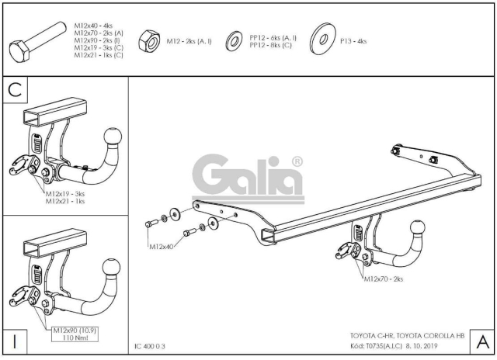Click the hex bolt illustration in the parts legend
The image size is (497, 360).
pos(37,42)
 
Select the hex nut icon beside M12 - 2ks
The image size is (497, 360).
pos(149,41)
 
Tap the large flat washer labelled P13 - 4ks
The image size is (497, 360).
pos(323,39)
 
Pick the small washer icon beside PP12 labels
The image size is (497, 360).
pos(235,41)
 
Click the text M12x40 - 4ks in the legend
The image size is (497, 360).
pos(93,26)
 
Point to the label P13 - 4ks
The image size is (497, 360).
pos(353,41)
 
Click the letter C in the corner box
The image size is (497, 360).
pos(15,89)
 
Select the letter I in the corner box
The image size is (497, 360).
pos(15,342)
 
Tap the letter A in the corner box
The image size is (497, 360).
pos(483,342)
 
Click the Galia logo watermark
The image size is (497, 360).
pos(248,178)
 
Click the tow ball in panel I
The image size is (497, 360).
pos(112,268)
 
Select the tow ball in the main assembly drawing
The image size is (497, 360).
pos(418,229)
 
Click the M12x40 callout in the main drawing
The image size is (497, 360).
pos(162,247)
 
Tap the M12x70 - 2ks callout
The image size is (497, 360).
pos(383,279)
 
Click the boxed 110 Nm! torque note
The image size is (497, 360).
pos(75,337)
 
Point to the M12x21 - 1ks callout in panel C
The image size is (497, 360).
pos(65,202)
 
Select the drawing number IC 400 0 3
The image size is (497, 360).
pos(150,346)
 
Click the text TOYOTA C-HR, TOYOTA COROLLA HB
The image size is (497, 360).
pos(407,336)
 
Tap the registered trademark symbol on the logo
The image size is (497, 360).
pos(297,162)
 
